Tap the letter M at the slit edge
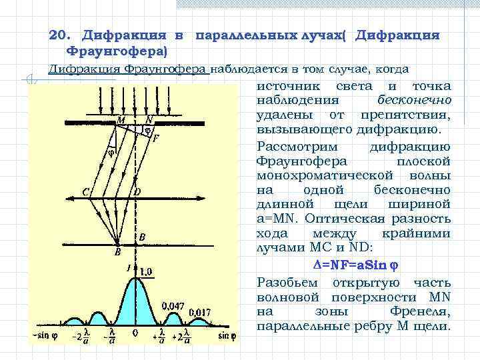(x=120, y=120)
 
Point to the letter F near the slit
(x=156, y=139)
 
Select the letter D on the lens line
(x=137, y=192)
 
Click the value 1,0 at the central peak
(x=147, y=271)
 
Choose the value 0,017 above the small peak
(x=200, y=311)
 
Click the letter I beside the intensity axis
(x=129, y=269)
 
